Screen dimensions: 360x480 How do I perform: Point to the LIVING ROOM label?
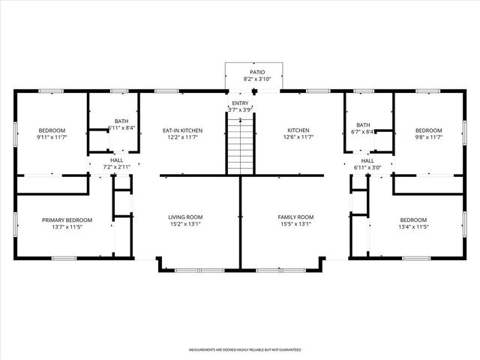coord(184,217)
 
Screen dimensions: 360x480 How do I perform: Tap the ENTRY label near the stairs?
coord(240,103)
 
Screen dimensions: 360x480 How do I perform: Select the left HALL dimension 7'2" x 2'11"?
coord(116,166)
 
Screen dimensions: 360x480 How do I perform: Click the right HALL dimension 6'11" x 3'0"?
coord(367,166)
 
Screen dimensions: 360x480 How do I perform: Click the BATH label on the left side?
coord(121,121)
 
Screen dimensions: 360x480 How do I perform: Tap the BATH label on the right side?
coord(363,125)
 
